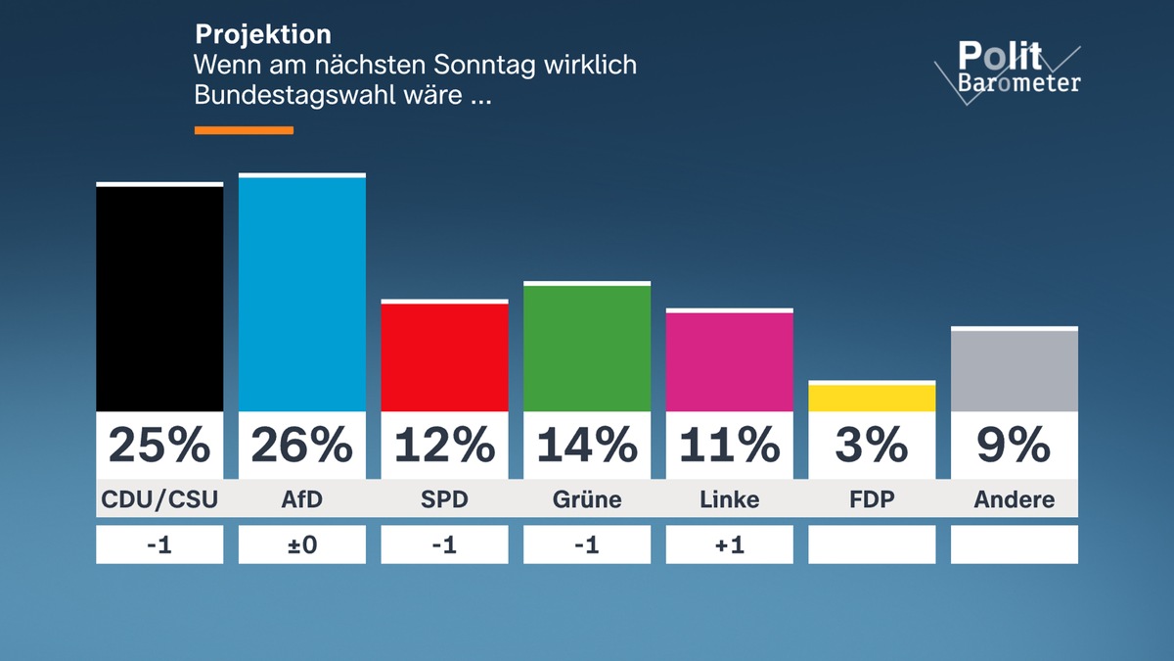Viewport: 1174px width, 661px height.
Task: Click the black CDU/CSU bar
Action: [159, 298]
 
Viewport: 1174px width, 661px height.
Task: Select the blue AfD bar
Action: [302, 294]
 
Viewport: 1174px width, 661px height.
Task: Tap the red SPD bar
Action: [444, 356]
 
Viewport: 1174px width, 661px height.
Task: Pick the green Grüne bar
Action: [587, 348]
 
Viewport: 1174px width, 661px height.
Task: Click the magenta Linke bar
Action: [730, 361]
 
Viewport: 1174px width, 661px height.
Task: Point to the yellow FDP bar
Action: [872, 398]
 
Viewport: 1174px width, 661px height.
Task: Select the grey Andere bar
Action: [1015, 370]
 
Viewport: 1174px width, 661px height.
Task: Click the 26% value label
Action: [302, 446]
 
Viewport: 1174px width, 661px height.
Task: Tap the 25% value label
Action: [159, 446]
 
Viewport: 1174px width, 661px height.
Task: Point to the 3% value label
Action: [872, 446]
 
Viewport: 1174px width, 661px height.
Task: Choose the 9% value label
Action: [1015, 446]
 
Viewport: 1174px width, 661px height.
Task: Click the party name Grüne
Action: [587, 499]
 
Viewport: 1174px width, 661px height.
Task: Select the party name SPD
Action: [444, 499]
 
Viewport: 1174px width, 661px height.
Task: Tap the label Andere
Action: [1015, 499]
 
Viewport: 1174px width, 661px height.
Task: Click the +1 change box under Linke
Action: [730, 544]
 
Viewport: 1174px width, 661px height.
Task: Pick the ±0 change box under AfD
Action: [302, 544]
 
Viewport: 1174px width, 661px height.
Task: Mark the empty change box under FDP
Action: [872, 544]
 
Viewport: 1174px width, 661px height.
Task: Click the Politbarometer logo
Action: [1008, 69]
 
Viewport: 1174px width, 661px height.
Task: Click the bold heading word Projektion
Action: [263, 34]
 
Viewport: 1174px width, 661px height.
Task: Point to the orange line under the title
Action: [244, 129]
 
